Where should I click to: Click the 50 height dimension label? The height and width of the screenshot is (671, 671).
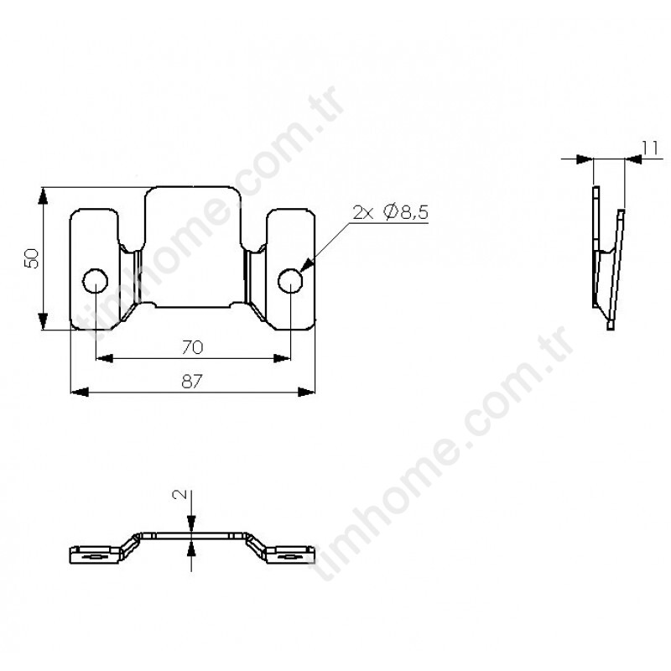[x=32, y=258]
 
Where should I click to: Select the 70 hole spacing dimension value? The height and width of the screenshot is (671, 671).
[x=193, y=347]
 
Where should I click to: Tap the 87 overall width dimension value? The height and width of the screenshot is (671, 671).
[x=192, y=382]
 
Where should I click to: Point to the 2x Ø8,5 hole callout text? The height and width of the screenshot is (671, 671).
[x=390, y=213]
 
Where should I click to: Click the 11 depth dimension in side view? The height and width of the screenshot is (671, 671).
[x=650, y=148]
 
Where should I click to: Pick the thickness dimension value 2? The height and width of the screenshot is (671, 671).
[x=179, y=494]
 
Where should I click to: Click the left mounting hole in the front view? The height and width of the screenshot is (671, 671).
[x=95, y=281]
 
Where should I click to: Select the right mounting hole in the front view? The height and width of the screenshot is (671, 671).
[x=290, y=281]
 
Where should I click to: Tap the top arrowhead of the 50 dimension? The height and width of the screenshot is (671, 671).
[x=43, y=196]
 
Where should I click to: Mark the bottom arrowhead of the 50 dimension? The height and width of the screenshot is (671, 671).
[x=43, y=321]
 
